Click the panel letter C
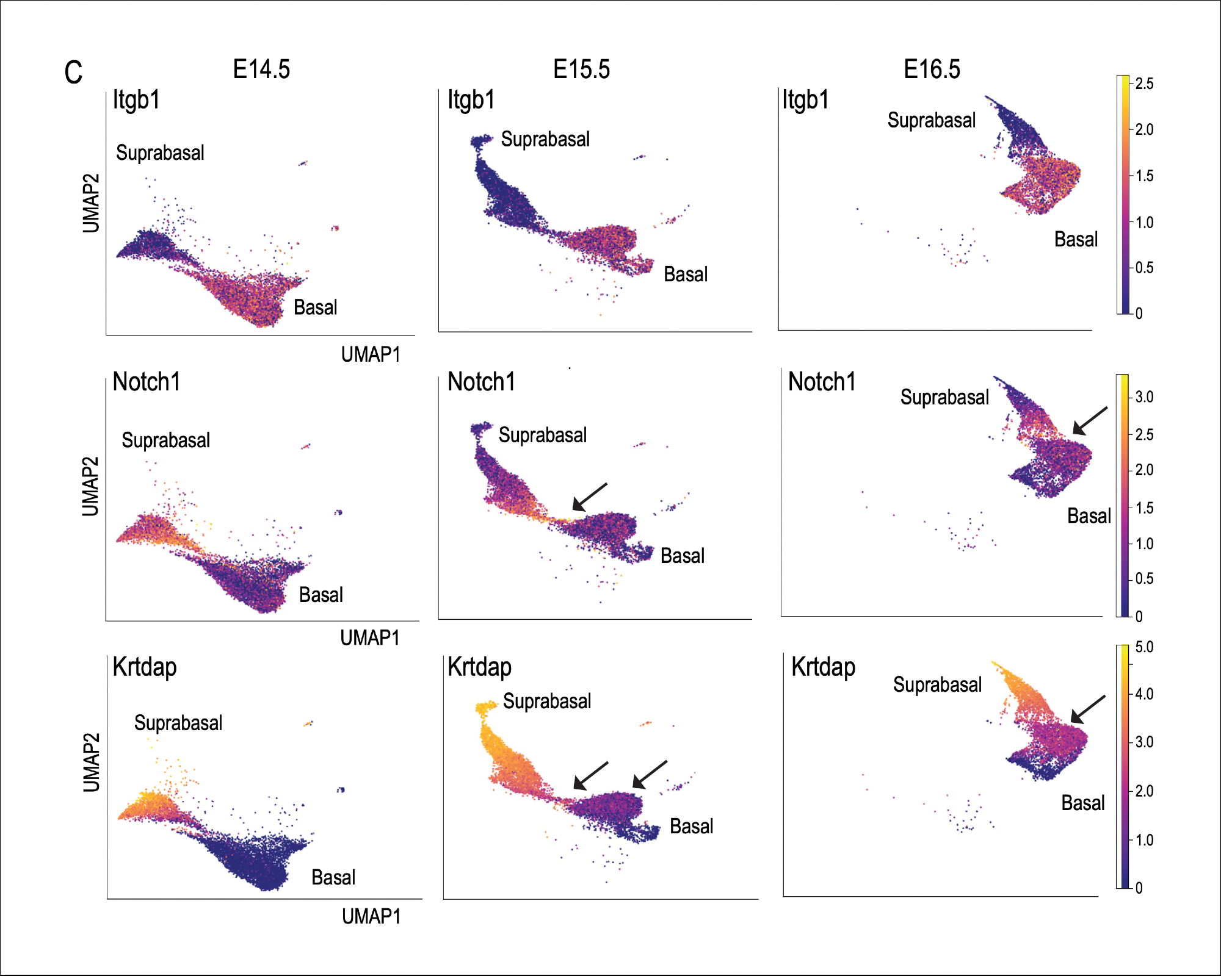73,73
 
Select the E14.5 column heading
261,70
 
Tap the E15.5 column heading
581,70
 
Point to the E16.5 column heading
932,70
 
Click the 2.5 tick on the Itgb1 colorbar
1144,84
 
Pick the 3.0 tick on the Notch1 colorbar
1144,397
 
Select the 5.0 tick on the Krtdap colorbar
1144,647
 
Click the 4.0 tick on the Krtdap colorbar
1144,694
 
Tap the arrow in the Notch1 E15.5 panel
589,497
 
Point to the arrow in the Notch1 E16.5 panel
1090,421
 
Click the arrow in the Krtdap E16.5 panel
1088,709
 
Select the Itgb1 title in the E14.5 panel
136,100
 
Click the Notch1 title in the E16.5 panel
822,382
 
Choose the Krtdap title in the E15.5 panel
479,667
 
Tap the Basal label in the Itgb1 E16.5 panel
1076,239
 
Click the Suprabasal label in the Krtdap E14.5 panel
178,723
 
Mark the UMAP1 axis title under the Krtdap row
371,916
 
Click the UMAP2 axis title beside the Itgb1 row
91,203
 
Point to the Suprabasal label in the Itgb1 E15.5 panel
545,139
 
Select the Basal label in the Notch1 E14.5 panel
321,595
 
